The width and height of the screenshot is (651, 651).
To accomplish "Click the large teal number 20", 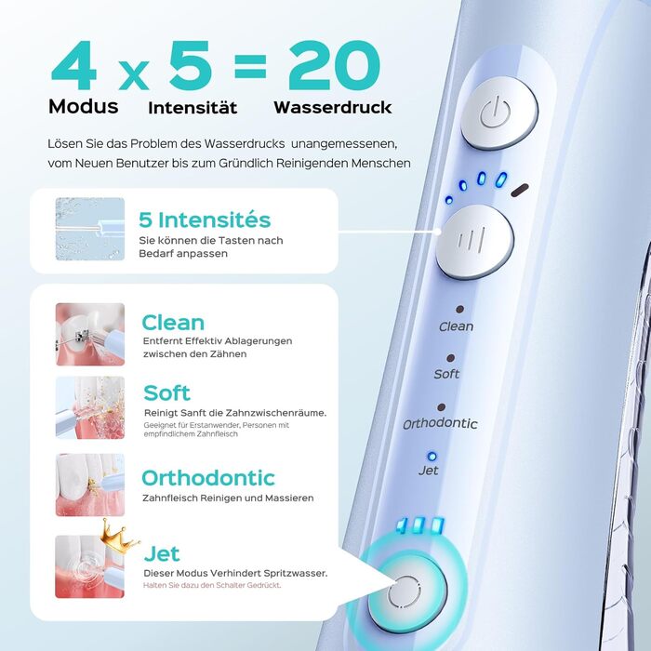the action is [334, 65].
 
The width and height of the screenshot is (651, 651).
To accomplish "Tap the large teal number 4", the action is [73, 65].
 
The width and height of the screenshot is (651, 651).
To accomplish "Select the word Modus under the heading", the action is [84, 106].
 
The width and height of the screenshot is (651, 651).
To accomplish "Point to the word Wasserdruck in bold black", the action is [333, 107].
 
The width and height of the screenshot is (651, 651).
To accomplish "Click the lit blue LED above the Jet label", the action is [432, 457].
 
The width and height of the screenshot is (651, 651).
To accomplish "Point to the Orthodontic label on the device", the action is [440, 423].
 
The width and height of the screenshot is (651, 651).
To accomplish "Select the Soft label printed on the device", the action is [446, 374].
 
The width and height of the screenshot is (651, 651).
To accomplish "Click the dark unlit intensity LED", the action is [519, 190].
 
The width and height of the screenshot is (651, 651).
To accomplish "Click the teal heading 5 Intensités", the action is [205, 219].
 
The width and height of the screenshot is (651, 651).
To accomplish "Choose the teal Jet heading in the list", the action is [162, 553].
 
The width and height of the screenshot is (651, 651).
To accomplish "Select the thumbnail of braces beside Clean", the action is [90, 334].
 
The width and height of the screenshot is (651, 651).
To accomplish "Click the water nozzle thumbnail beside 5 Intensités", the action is [90, 229].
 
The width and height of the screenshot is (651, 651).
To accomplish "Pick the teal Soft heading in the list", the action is [166, 392].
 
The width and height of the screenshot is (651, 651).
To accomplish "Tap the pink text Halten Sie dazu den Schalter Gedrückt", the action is [212, 585].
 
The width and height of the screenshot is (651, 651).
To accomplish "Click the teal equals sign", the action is [249, 66].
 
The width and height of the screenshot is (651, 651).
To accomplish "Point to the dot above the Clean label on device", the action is [459, 310].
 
